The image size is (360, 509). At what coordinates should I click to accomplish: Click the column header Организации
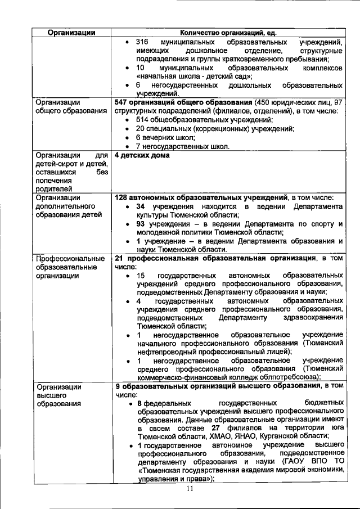pos(70,33)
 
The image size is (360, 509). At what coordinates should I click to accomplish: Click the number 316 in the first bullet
pos(142,43)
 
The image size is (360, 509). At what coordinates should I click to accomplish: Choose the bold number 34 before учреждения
pos(142,207)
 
